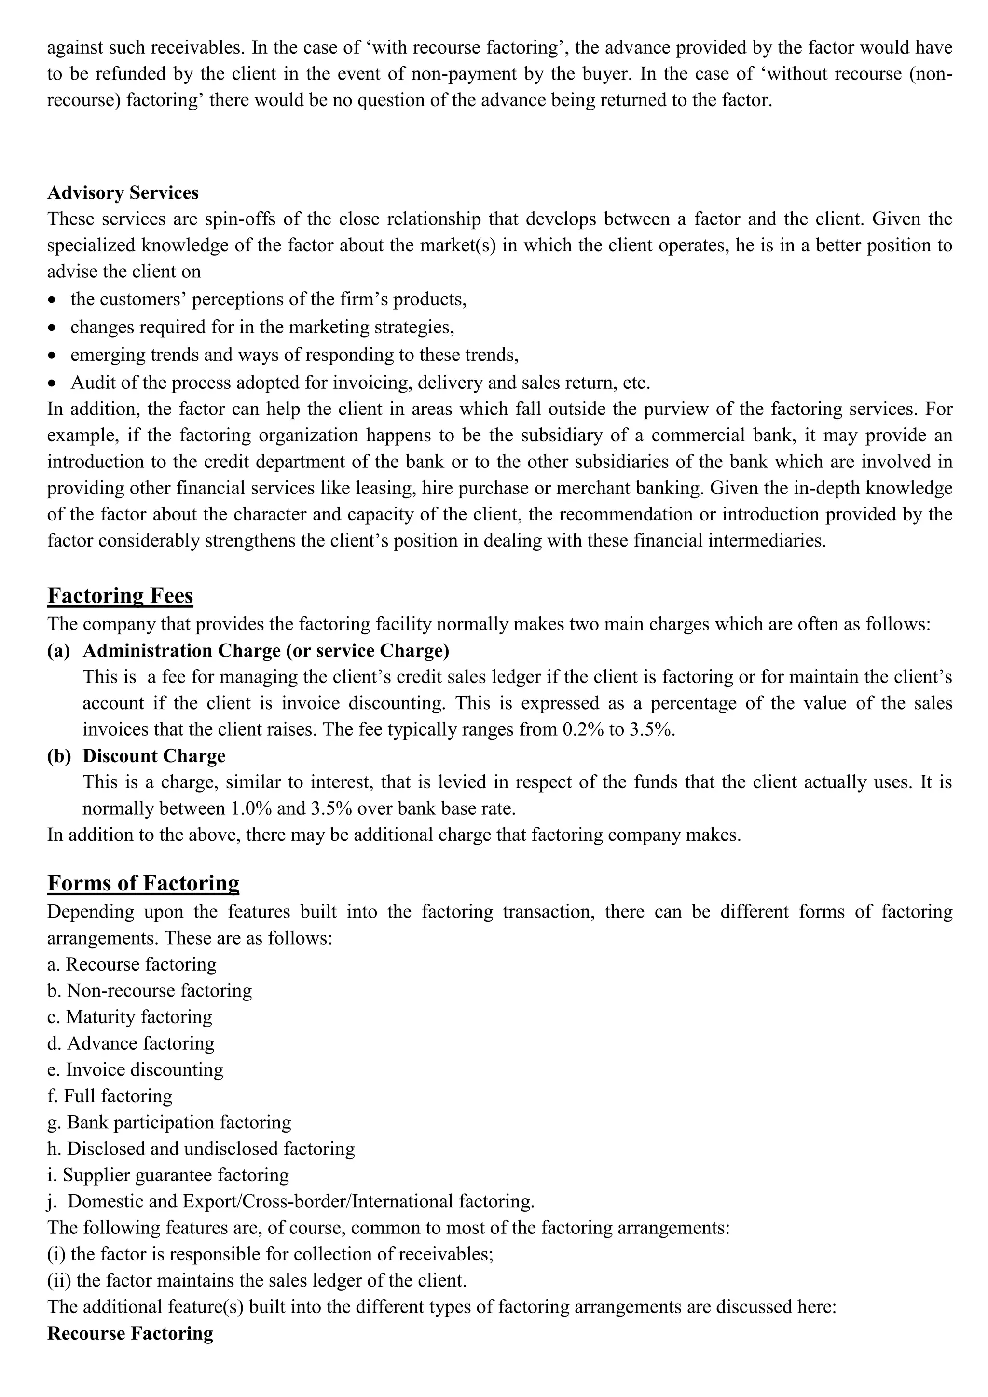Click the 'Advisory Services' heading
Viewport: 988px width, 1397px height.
click(123, 193)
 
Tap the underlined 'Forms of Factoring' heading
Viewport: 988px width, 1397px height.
click(143, 883)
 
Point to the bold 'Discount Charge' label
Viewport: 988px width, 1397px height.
click(154, 756)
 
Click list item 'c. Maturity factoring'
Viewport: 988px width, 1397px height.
click(130, 1017)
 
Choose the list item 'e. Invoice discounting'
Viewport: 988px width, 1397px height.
click(135, 1069)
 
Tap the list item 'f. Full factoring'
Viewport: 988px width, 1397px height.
click(110, 1096)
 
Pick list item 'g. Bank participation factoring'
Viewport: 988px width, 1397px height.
click(169, 1122)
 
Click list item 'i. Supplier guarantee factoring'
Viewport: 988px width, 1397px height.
click(168, 1175)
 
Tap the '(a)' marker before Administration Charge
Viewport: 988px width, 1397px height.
click(58, 651)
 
